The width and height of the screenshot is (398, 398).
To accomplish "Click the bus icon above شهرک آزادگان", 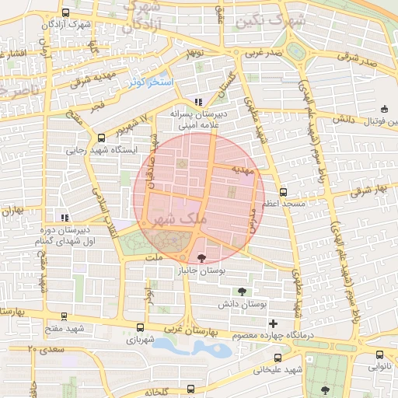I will (x=65, y=13).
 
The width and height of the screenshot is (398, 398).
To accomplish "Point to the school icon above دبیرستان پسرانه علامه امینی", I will (x=199, y=102).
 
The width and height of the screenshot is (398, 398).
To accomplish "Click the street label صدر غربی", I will (x=264, y=54).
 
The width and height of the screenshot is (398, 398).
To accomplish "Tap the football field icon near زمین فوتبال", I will (x=384, y=109).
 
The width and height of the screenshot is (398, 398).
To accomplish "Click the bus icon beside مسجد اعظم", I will (x=283, y=191).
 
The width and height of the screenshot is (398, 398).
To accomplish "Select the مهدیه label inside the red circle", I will (x=243, y=176).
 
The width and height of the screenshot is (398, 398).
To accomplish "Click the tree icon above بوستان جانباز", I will (x=202, y=258).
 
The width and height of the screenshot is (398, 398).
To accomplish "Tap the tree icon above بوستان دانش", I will (x=243, y=291).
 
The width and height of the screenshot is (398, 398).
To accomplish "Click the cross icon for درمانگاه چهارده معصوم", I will (x=272, y=323).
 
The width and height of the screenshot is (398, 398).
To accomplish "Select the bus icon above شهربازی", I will (x=139, y=328).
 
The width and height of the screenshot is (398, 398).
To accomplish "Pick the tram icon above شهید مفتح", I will (x=63, y=317).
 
